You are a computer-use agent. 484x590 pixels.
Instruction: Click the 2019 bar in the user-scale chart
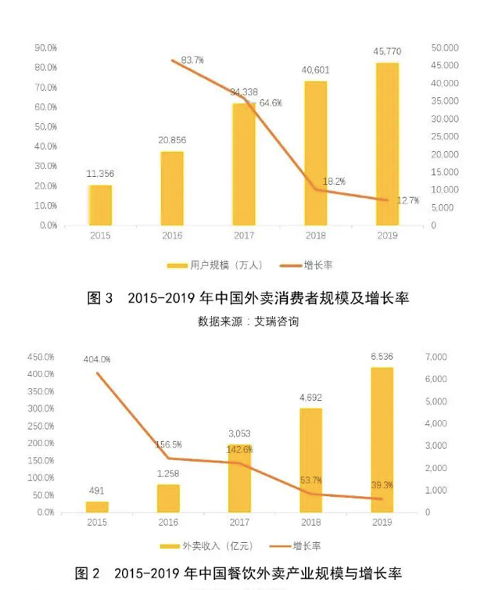pyautogui.click(x=386, y=144)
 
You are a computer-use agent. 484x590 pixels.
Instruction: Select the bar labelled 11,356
pyautogui.click(x=100, y=205)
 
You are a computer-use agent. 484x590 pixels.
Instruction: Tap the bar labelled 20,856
pyautogui.click(x=172, y=188)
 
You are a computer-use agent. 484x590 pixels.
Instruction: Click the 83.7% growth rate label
pyautogui.click(x=192, y=60)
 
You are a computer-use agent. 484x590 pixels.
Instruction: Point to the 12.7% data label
pyautogui.click(x=407, y=201)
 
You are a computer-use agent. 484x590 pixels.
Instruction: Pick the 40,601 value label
pyautogui.click(x=315, y=69)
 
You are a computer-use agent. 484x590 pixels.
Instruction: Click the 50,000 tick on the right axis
pyautogui.click(x=444, y=48)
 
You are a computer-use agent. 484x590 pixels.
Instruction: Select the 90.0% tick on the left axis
pyautogui.click(x=45, y=48)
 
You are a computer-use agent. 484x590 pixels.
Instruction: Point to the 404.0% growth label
pyautogui.click(x=98, y=359)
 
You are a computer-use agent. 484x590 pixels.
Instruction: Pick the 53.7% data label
pyautogui.click(x=311, y=480)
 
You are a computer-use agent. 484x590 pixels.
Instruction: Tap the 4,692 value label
pyautogui.click(x=310, y=397)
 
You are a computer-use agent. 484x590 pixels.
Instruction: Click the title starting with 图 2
pyautogui.click(x=238, y=574)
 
